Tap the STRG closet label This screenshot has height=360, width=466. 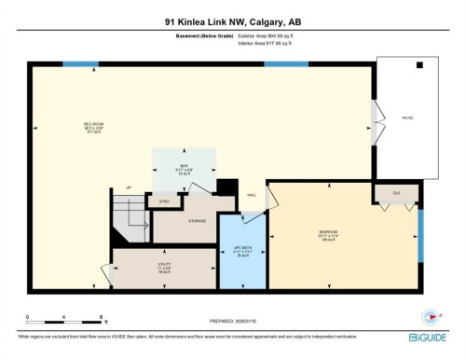(x=164, y=201)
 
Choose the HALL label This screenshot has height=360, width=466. (x=251, y=195)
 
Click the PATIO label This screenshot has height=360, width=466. (x=406, y=118)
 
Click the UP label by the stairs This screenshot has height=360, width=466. (x=129, y=188)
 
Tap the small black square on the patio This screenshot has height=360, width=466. (x=419, y=66)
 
